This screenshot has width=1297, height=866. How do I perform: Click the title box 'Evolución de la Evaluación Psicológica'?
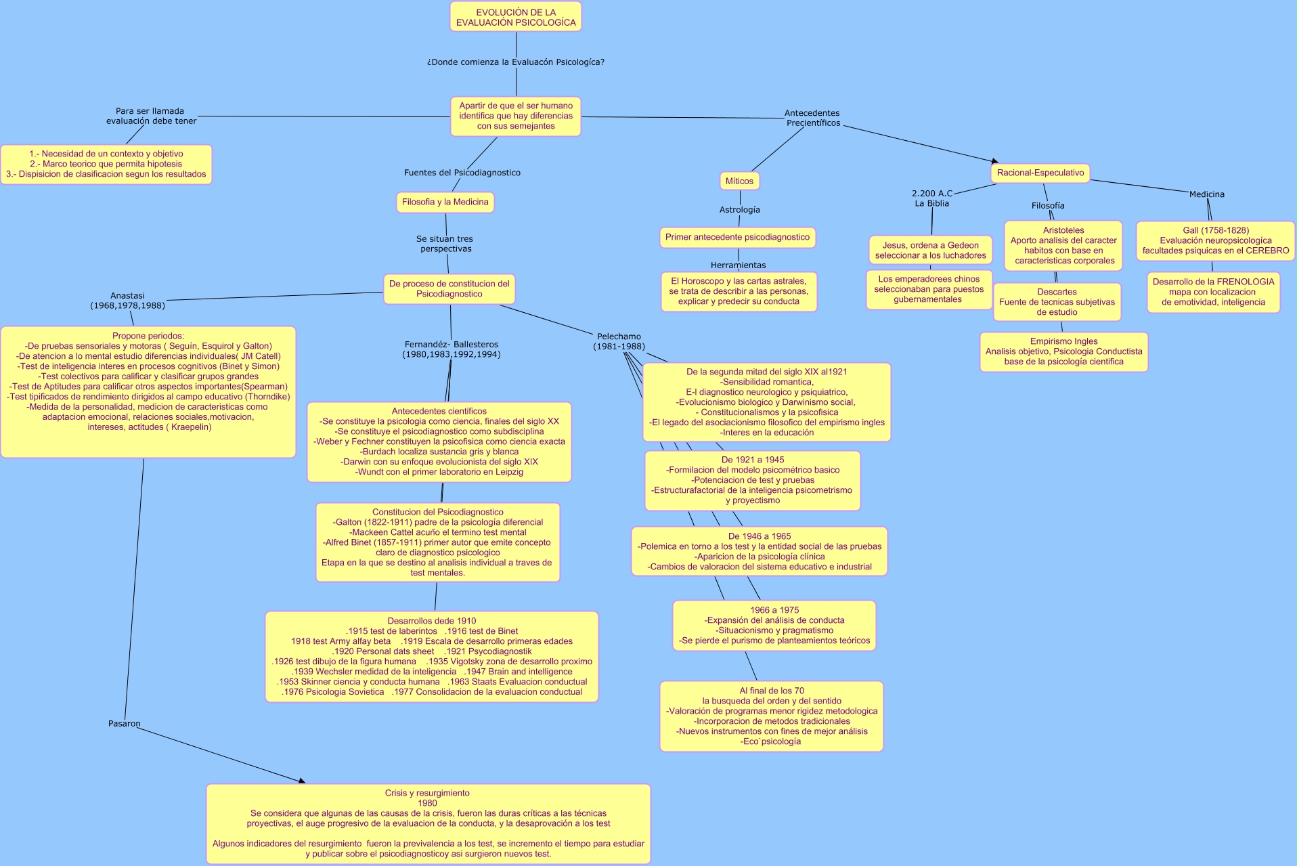[516, 17]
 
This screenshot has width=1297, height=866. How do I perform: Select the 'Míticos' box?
[739, 181]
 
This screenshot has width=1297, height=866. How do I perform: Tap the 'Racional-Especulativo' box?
[1040, 173]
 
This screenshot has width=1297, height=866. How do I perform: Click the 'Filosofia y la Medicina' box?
[445, 202]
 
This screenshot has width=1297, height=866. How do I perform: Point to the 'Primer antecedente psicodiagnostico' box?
[737, 237]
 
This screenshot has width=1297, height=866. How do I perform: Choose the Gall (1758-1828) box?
[1215, 240]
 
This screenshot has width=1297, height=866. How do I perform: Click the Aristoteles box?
[1063, 245]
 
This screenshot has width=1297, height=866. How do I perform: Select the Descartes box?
[1057, 302]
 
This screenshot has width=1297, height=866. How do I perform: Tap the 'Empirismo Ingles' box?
[1063, 351]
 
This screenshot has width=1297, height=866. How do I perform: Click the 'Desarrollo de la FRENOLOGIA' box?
[1213, 292]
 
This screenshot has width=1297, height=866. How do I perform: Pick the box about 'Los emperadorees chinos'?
[928, 289]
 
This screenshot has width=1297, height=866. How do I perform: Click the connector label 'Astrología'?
[740, 210]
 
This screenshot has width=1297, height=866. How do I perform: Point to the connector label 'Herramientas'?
[739, 265]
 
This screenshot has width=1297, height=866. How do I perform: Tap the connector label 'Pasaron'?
[125, 724]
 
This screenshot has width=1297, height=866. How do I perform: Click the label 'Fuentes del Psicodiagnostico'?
[462, 173]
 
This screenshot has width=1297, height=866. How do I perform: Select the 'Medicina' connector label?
[1207, 194]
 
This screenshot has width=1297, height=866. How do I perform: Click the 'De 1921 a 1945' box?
[753, 480]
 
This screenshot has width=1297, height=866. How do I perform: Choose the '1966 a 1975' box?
[774, 626]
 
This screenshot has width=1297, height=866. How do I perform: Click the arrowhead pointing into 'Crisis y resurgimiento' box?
[302, 781]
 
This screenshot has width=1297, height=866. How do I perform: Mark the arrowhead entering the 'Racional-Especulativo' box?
[995, 161]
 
